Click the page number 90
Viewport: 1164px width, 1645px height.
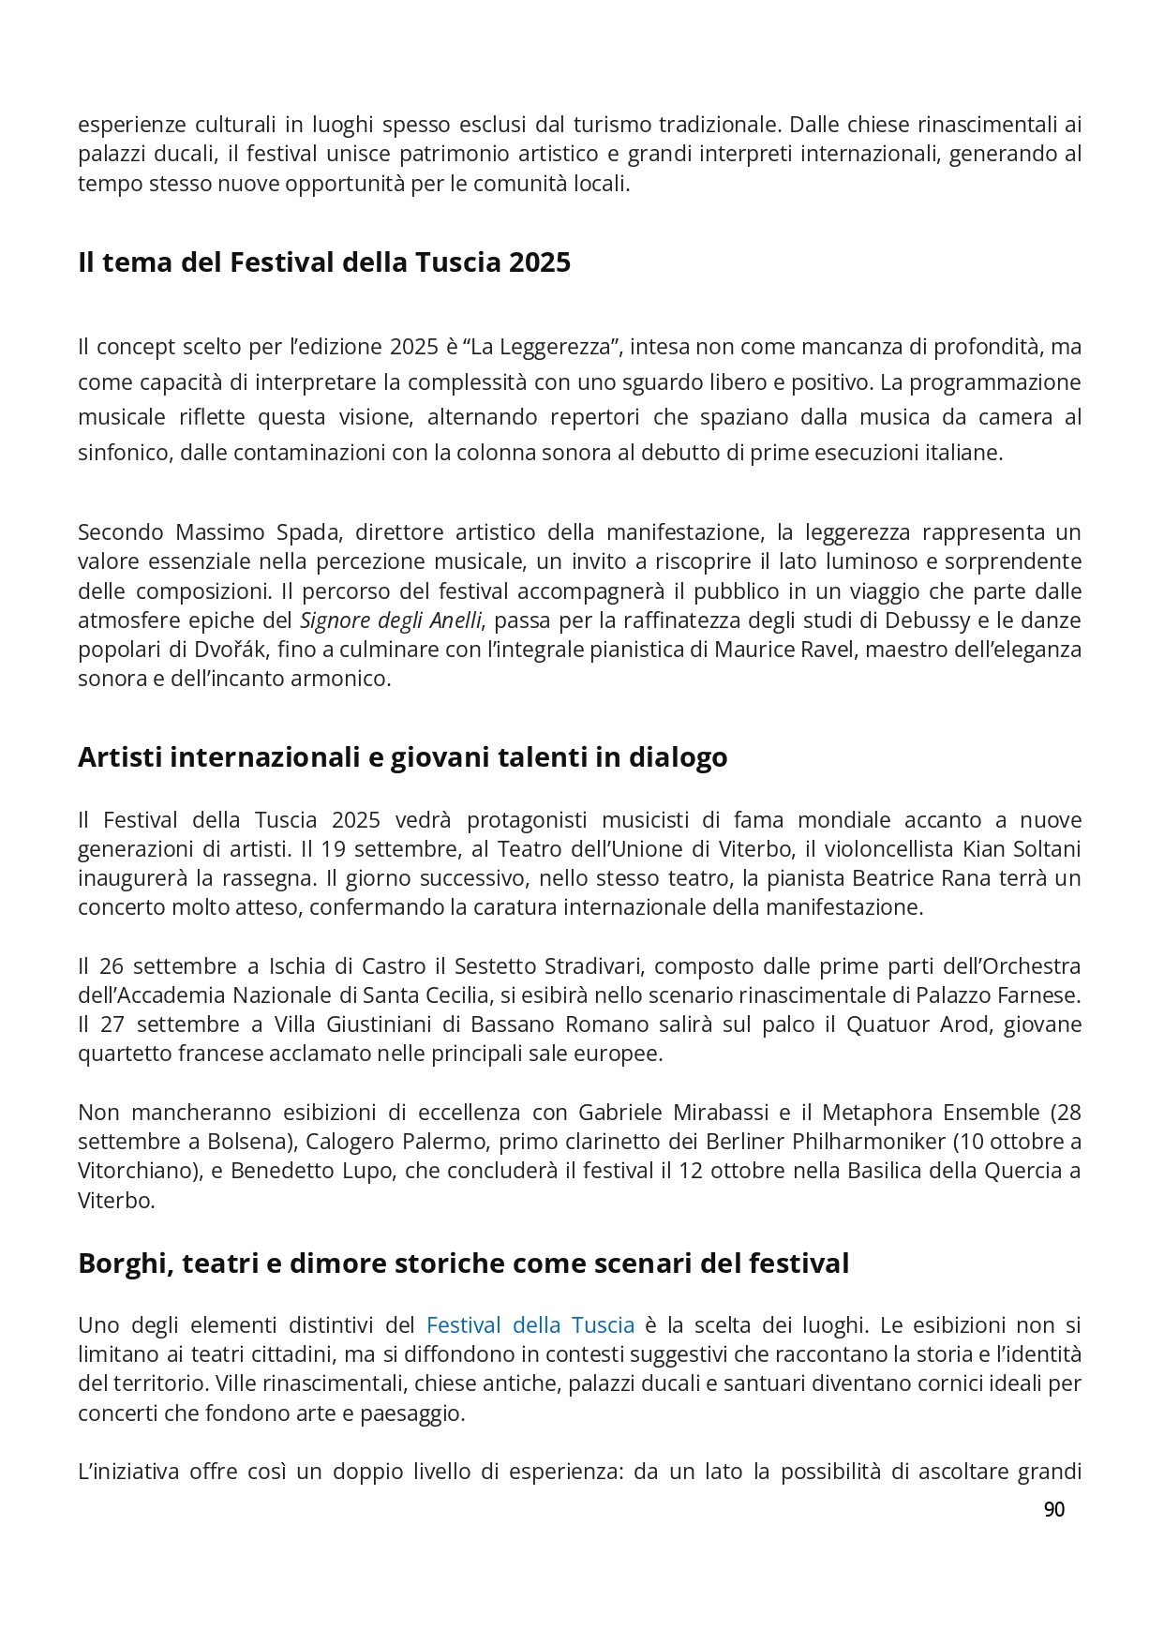tap(1053, 1508)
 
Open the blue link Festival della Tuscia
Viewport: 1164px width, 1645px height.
tap(530, 1324)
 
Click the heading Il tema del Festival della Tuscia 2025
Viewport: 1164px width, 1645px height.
tap(324, 262)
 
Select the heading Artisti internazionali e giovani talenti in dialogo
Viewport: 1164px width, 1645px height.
tap(402, 757)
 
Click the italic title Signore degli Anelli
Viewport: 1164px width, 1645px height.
tap(391, 621)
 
